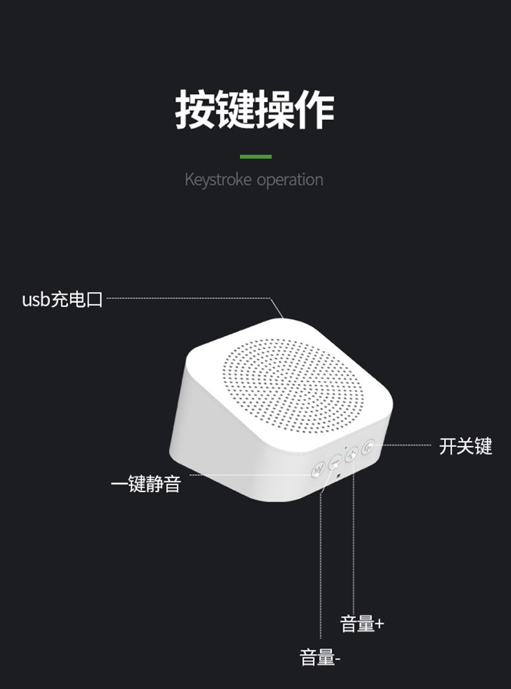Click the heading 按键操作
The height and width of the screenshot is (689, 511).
[255, 110]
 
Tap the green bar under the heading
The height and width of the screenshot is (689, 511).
[255, 157]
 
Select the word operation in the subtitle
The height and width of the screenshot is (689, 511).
[290, 179]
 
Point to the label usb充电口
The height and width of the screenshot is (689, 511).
[63, 300]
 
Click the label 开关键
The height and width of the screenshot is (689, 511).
[466, 446]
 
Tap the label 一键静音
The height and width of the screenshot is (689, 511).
[146, 484]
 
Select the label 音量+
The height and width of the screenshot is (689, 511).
[362, 624]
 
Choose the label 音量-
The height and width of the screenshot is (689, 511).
[320, 658]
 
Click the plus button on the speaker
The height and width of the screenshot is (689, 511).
[352, 455]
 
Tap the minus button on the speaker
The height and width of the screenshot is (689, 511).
[335, 462]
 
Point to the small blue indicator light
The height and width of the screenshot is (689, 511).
[347, 447]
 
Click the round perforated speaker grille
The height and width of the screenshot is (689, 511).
[294, 385]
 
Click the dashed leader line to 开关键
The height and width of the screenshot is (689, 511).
[408, 445]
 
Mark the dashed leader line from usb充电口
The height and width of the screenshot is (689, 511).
[188, 298]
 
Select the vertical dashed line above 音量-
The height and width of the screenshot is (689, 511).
[321, 570]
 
